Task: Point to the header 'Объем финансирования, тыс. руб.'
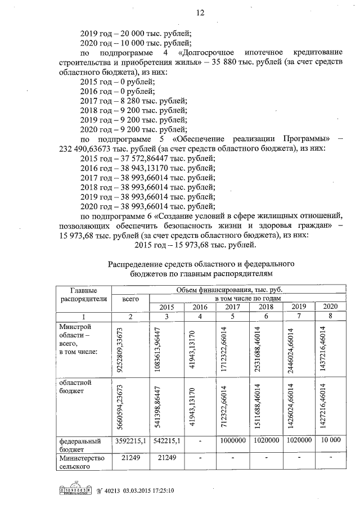point(227,289)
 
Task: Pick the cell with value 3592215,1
point(130,442)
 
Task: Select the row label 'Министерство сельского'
point(83,463)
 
